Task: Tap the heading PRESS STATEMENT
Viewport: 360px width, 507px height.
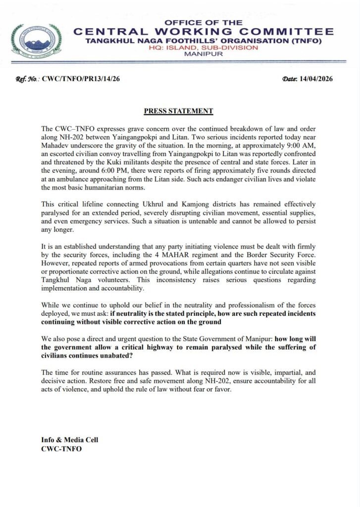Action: (178, 111)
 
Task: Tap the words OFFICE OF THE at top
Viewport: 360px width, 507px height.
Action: (204, 23)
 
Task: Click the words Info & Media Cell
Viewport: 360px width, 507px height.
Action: (70, 440)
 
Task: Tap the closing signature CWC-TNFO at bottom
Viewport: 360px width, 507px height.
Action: (61, 449)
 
